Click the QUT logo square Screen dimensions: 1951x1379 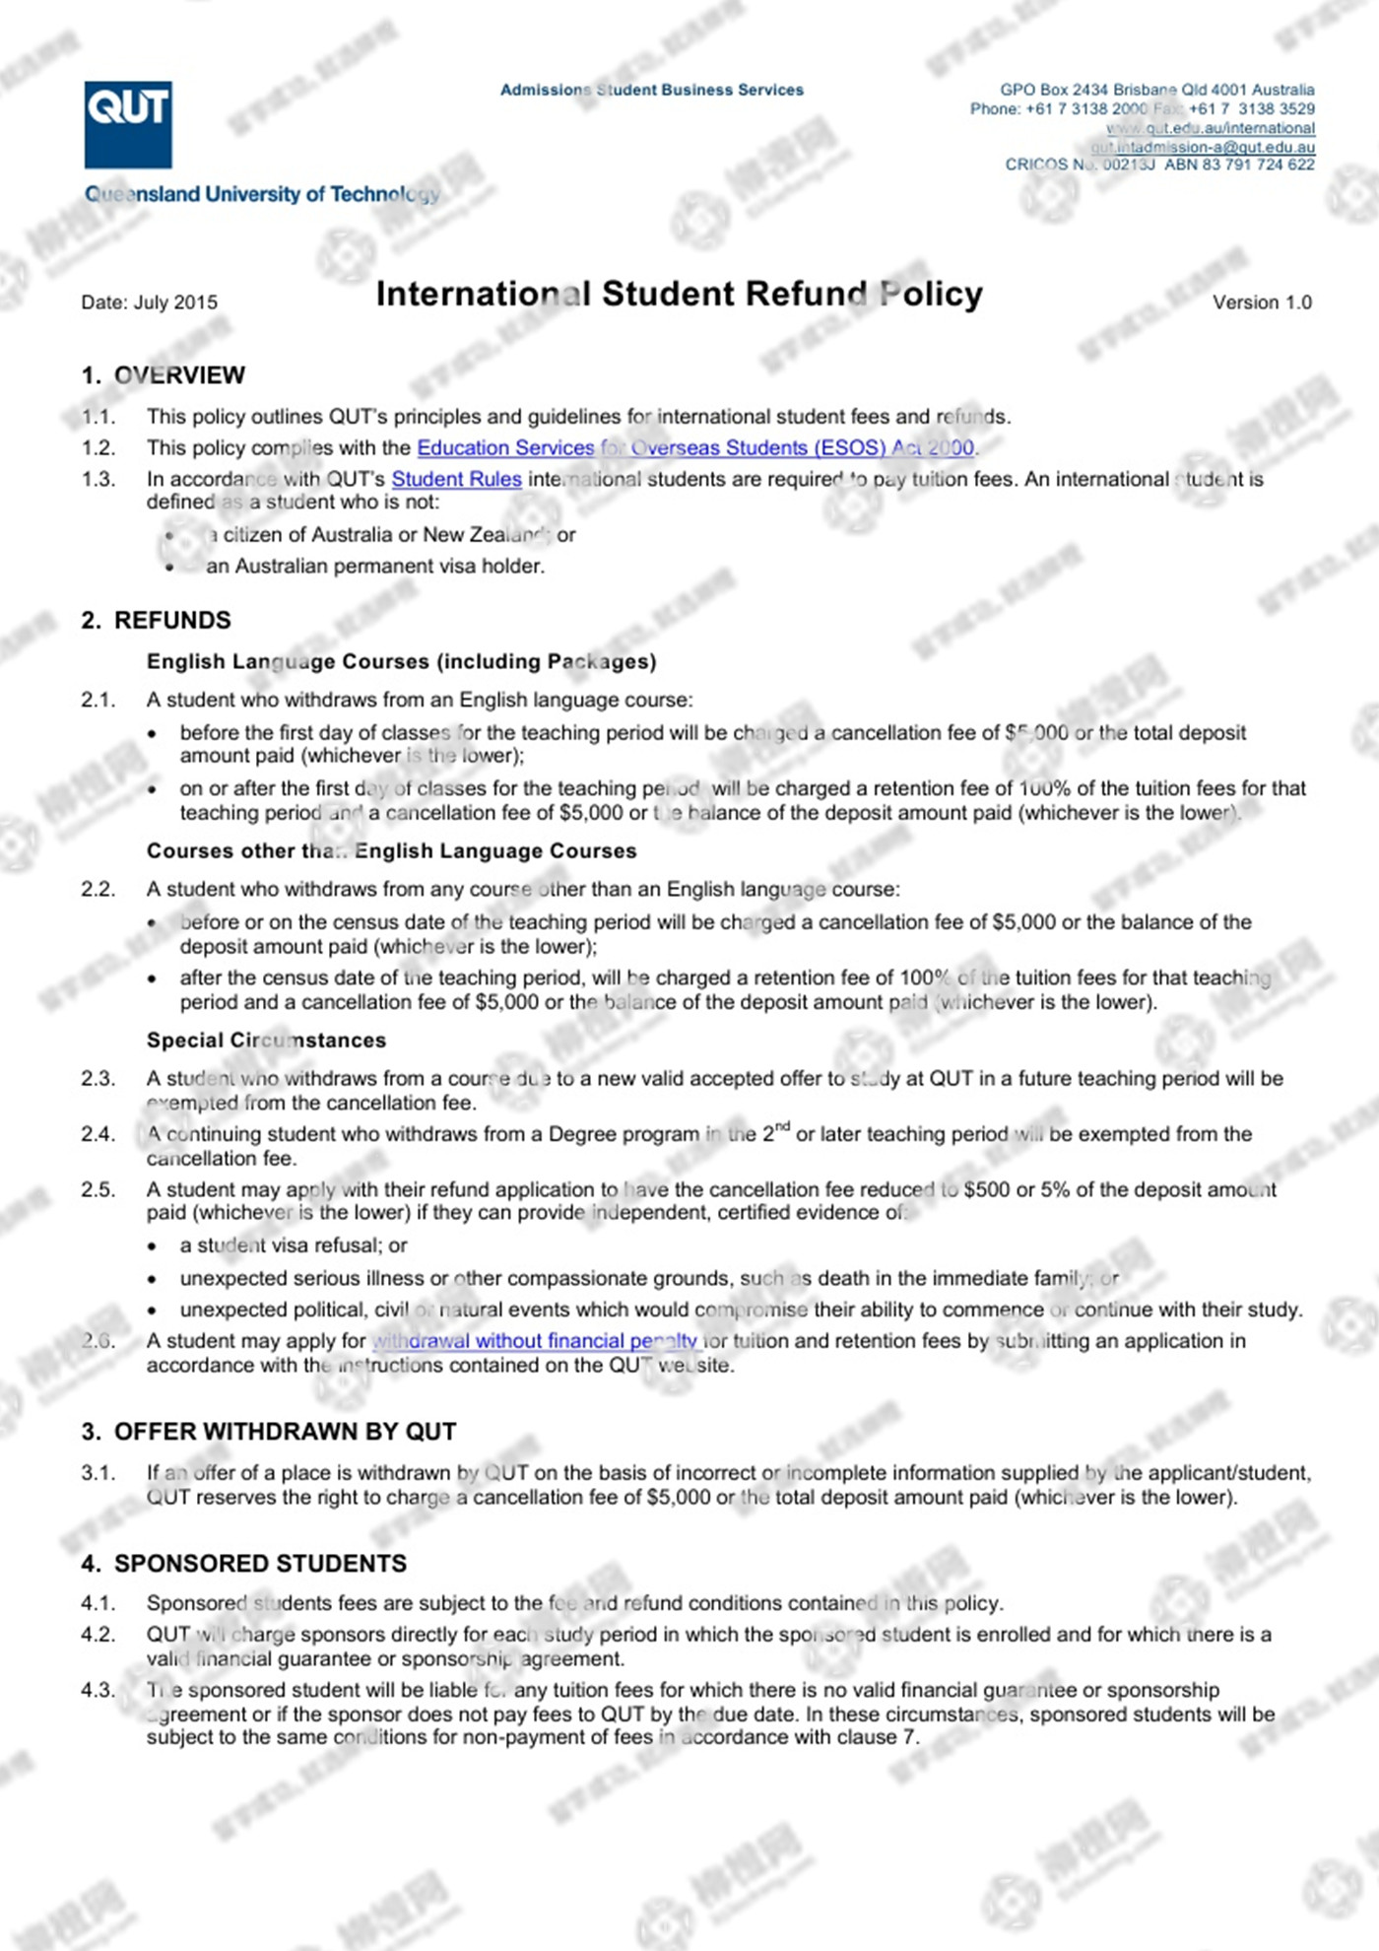click(x=128, y=124)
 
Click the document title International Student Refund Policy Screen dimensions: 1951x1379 click(x=679, y=294)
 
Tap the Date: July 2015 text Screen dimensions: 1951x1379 click(x=149, y=303)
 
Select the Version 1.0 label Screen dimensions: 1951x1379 click(x=1262, y=303)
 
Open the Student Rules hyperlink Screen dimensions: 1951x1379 click(x=456, y=480)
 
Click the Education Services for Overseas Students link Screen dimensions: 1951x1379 click(x=695, y=448)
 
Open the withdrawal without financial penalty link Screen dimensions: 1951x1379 click(x=535, y=1341)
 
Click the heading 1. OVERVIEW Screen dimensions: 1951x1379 click(x=164, y=375)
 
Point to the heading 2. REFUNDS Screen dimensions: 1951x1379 click(x=157, y=621)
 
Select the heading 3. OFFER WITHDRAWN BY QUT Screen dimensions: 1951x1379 click(x=269, y=1432)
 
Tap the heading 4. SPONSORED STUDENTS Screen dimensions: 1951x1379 click(x=244, y=1564)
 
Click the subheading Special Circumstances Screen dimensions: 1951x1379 click(x=266, y=1041)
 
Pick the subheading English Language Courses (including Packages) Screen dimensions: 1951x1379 click(x=401, y=662)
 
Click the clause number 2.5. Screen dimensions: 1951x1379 click(x=98, y=1190)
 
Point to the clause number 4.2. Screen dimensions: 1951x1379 click(x=98, y=1635)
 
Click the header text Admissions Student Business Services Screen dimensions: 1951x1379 click(x=652, y=90)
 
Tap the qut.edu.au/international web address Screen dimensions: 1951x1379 click(x=1211, y=128)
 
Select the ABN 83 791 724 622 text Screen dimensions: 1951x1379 click(x=1239, y=165)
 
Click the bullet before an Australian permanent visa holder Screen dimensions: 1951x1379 click(x=170, y=568)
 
